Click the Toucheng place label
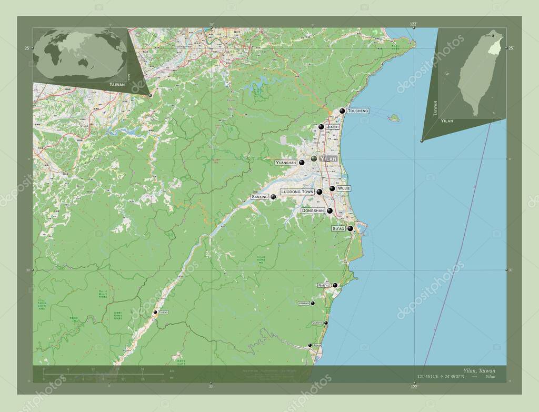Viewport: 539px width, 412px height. pos(357,111)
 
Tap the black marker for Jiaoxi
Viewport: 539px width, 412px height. pos(321,127)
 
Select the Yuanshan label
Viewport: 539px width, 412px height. pos(286,163)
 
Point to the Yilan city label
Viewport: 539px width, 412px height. pos(328,158)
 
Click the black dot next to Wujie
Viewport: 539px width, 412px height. pos(332,188)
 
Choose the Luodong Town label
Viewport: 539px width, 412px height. pos(297,192)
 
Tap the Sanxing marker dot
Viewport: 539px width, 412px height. pos(273,197)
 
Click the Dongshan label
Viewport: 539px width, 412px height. pos(313,211)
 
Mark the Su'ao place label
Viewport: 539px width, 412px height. pos(338,229)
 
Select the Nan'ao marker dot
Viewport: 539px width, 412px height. pos(335,285)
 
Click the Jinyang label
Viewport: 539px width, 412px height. pos(304,304)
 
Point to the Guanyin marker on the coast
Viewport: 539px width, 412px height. pos(326,323)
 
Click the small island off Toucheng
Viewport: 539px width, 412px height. pos(394,118)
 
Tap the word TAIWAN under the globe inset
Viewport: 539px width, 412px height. pos(117,84)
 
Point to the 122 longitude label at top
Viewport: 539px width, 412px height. pos(413,24)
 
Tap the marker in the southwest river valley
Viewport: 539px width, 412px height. pos(155,313)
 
